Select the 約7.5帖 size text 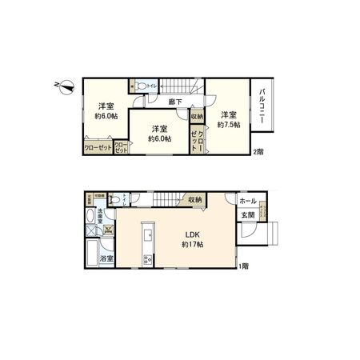point(227,123)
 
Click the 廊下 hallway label point(175,102)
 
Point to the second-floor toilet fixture point(141,85)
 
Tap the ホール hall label point(248,202)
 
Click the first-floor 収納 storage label point(194,200)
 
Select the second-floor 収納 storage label point(197,117)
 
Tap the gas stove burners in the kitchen point(146,258)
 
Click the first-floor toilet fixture point(114,200)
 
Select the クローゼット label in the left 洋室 point(98,146)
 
